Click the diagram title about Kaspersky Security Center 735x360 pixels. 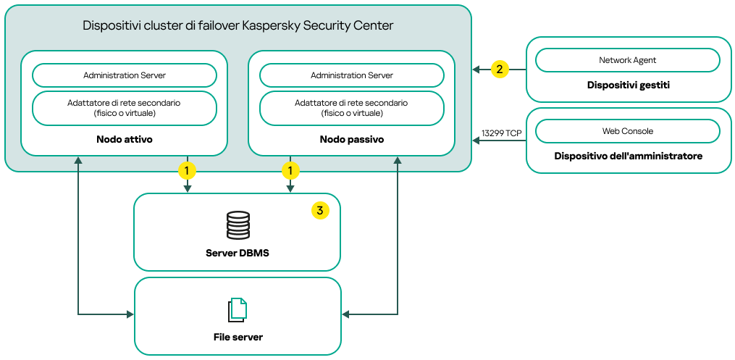click(238, 26)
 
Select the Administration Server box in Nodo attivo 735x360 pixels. click(125, 75)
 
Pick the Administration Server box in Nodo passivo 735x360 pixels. click(352, 75)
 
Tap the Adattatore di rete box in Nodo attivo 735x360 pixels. click(125, 108)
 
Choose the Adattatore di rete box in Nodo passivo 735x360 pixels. click(352, 108)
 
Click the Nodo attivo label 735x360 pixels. click(125, 138)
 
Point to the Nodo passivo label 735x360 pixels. click(352, 138)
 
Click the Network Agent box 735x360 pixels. click(628, 60)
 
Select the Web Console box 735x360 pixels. click(628, 131)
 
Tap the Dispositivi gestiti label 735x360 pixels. click(628, 85)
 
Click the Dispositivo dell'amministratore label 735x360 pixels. click(628, 156)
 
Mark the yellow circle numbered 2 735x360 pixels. click(499, 70)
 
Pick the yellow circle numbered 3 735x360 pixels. click(320, 210)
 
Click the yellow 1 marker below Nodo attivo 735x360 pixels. click(188, 171)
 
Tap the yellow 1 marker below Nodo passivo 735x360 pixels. click(290, 171)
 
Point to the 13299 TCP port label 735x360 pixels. click(501, 133)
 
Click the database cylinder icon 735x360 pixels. click(238, 226)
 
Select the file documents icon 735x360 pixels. click(238, 310)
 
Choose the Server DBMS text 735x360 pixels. click(238, 252)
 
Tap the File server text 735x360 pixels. click(238, 337)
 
